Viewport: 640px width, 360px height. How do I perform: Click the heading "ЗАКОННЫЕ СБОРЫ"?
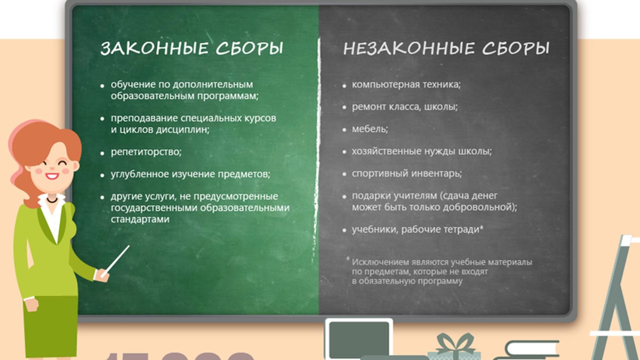tap(192, 49)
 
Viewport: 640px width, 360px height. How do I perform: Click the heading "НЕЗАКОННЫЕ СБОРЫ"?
tap(446, 49)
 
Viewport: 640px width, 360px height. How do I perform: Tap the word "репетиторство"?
tap(146, 152)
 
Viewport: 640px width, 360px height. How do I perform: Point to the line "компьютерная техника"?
tap(406, 84)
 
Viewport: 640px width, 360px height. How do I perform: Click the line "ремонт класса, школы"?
tap(405, 107)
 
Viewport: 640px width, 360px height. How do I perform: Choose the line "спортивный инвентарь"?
tap(406, 173)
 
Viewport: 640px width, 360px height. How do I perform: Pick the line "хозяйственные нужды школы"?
tap(421, 151)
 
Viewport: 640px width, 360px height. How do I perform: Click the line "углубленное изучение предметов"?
tap(190, 174)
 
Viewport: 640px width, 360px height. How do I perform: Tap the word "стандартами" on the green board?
tap(140, 219)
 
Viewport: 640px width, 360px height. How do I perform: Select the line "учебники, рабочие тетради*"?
tap(418, 229)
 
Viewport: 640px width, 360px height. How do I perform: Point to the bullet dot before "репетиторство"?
tap(102, 153)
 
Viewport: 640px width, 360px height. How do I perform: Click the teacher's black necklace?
tap(52, 199)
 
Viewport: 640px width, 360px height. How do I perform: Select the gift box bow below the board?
tap(455, 341)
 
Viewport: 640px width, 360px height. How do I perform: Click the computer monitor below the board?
tap(358, 339)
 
